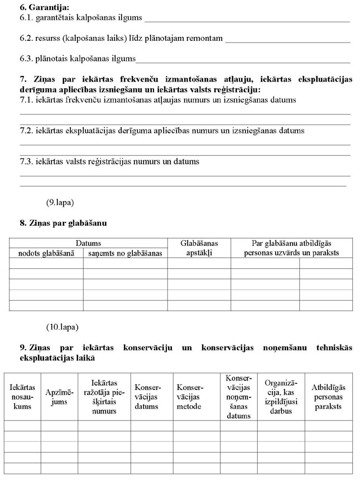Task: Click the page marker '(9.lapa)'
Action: point(60,202)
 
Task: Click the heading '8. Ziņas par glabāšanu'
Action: point(63,223)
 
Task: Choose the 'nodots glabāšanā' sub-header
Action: point(46,253)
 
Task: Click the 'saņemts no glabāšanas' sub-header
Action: point(125,253)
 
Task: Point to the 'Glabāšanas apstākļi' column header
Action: point(199,248)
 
